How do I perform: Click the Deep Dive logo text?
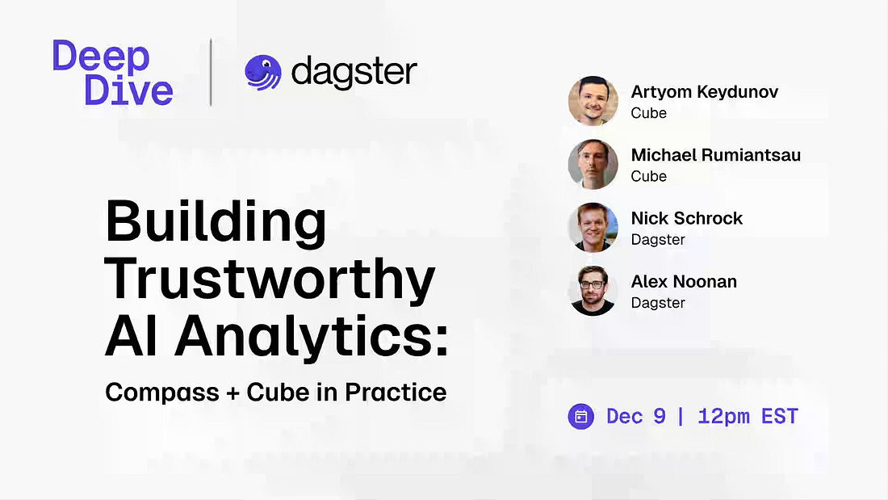coord(113,73)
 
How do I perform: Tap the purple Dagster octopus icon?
coord(263,73)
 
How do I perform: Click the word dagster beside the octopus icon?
coord(354,73)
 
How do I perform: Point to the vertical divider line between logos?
coord(211,72)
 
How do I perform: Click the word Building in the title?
coord(216,223)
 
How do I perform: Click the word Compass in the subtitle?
coord(162,393)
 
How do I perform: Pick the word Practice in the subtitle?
coord(396,392)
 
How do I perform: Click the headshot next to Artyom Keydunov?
coord(593,101)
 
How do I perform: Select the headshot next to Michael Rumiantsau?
coord(593,165)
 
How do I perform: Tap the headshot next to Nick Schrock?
coord(593,227)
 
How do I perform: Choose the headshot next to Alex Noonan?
coord(593,291)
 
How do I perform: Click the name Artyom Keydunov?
coord(705,92)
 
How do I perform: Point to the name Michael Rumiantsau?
coord(716,155)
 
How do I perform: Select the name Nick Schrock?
coord(687,218)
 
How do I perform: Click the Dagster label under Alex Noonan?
coord(658,303)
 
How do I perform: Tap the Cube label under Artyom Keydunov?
coord(649,113)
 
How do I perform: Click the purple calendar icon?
coord(581,417)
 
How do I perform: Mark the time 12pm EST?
coord(748,417)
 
